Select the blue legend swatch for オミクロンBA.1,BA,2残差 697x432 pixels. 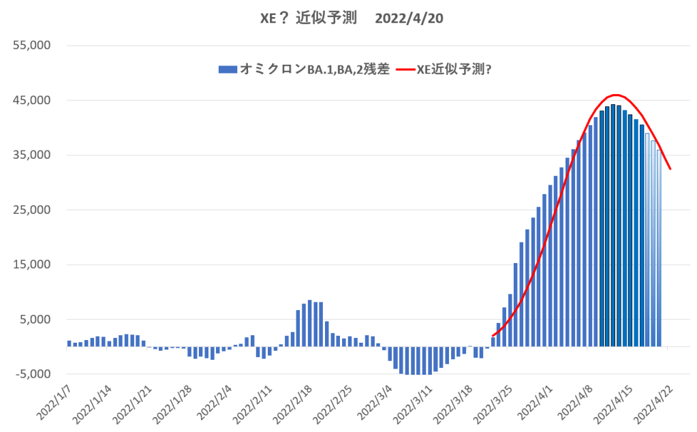point(227,69)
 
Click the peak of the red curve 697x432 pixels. point(615,95)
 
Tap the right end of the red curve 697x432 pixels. point(671,169)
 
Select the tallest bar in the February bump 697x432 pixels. point(309,323)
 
